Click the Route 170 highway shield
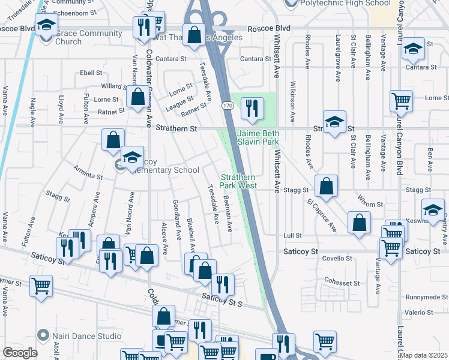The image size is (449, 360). click(227, 106)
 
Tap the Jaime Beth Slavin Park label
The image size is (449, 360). click(258, 137)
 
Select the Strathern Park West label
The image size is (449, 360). click(239, 181)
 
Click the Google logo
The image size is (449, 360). click(20, 353)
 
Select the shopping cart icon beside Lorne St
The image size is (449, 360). click(401, 102)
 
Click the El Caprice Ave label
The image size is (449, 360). click(321, 215)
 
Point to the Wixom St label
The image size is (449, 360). click(371, 205)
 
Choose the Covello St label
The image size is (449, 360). click(337, 258)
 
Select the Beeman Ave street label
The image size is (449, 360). click(228, 215)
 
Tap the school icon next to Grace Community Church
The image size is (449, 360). click(45, 26)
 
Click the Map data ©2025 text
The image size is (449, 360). click(424, 355)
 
